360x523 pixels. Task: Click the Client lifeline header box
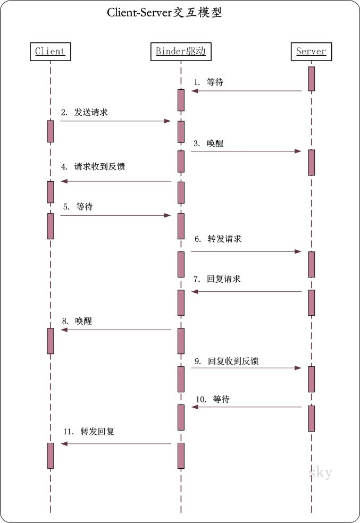pos(50,52)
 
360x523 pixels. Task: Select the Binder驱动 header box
pos(180,52)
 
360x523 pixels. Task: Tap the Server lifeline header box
pos(311,52)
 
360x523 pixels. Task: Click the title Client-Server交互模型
pos(164,13)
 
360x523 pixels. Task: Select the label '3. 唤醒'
pos(207,143)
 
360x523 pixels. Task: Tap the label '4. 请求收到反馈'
pos(93,166)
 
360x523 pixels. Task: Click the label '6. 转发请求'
pos(217,239)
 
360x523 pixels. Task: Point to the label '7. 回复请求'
pos(217,279)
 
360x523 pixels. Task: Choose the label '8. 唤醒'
pos(77,322)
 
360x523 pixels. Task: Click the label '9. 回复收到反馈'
pos(226,361)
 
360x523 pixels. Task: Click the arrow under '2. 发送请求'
pos(115,121)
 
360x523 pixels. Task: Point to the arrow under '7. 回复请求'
pos(247,292)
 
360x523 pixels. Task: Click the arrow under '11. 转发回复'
pos(116,444)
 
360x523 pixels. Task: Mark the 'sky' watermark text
pos(320,473)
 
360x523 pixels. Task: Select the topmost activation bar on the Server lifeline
pos(311,79)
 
